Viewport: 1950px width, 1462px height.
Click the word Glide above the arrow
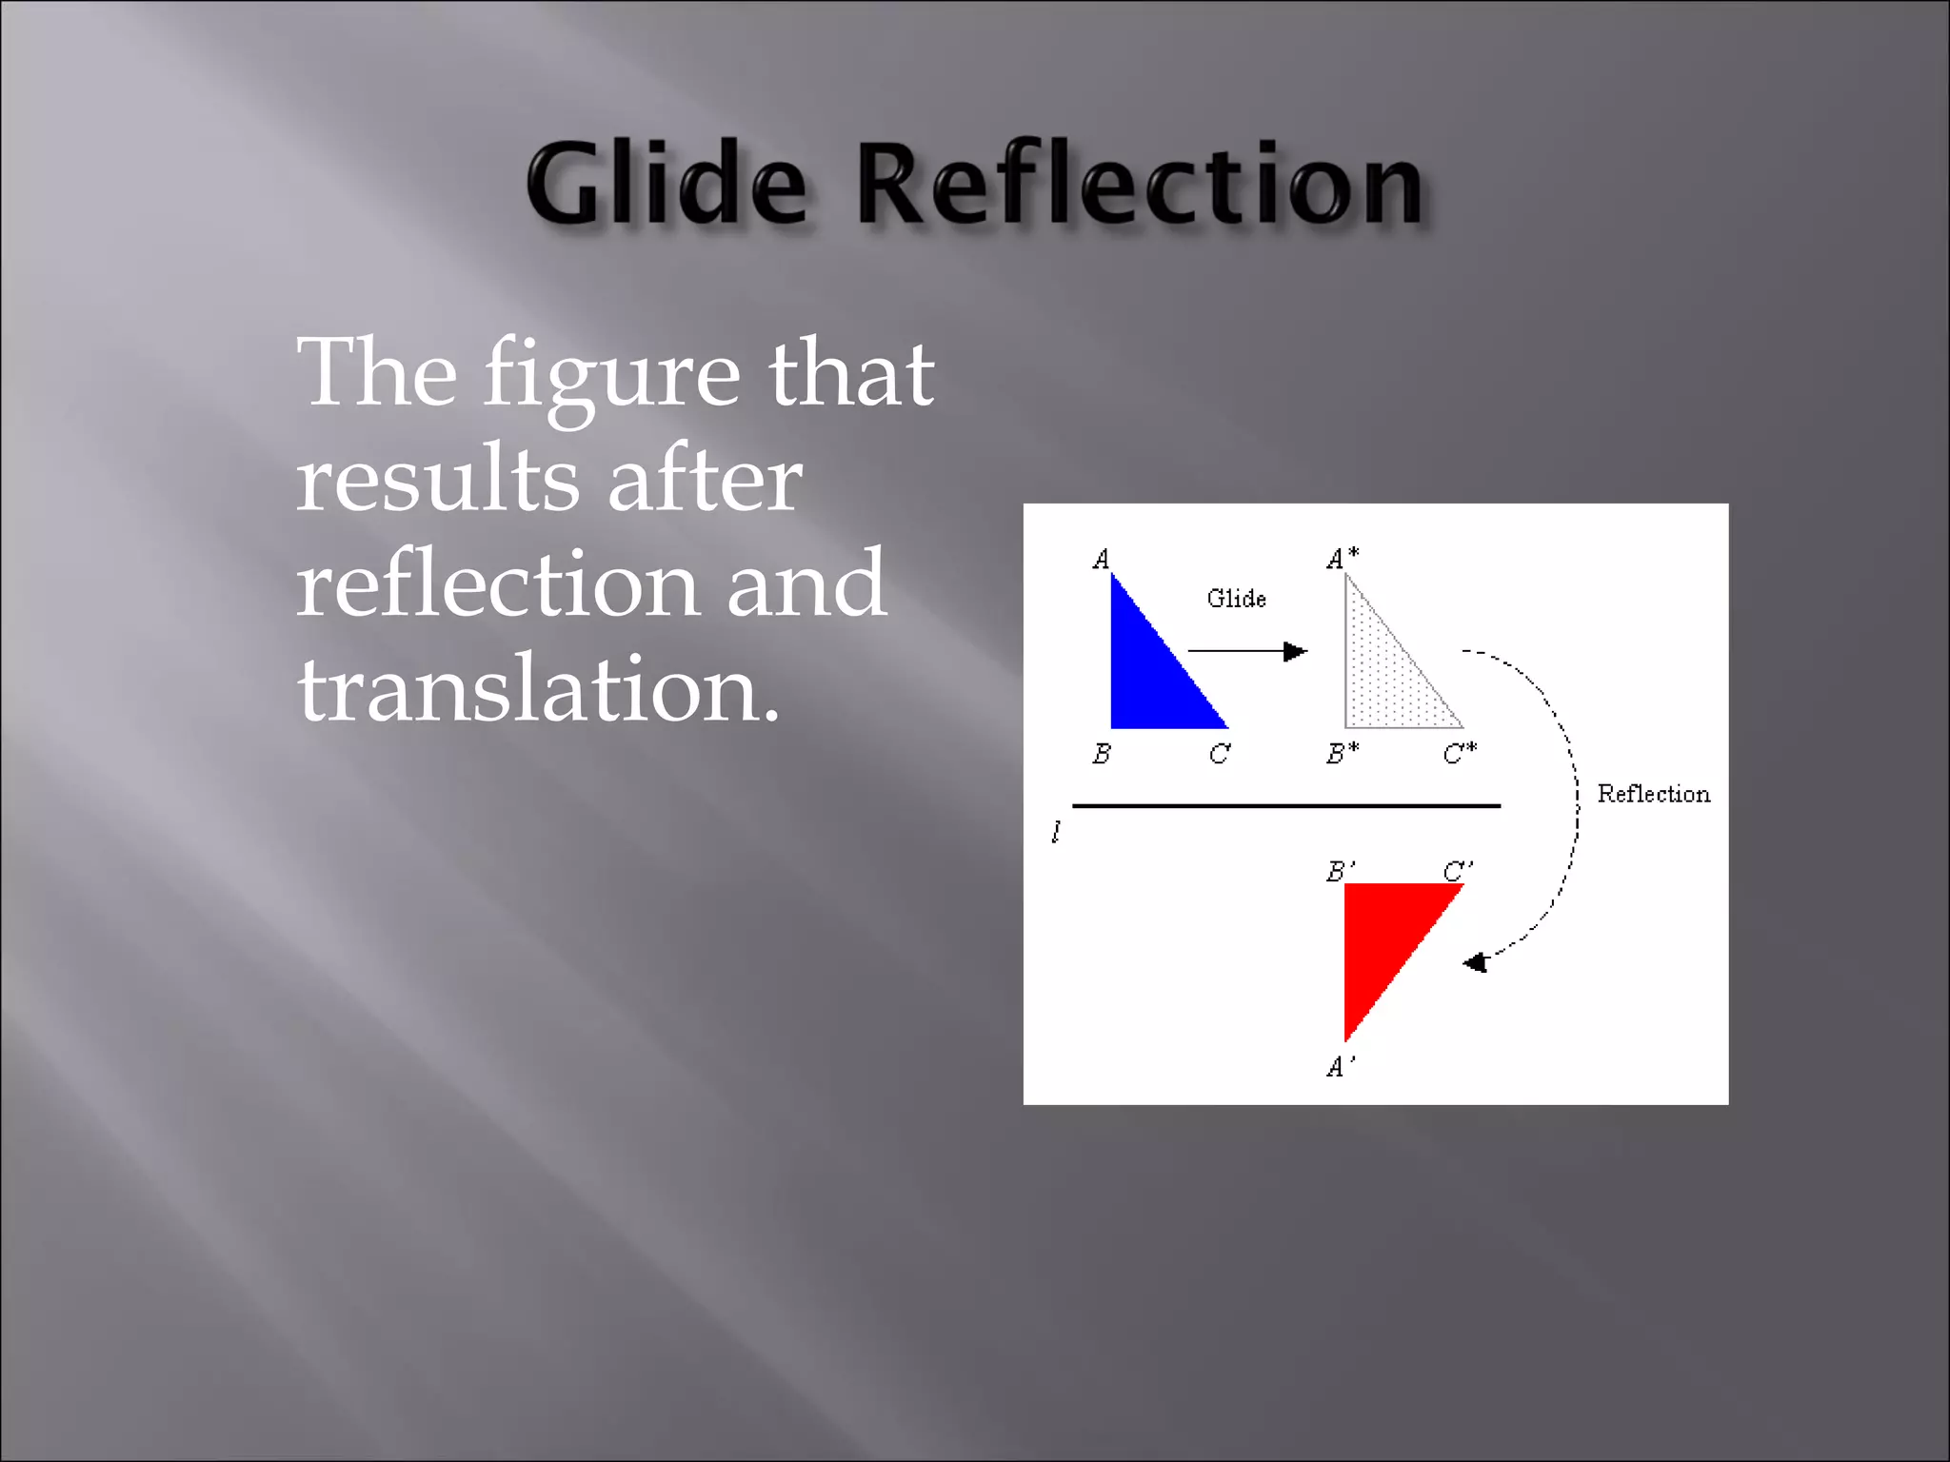point(1236,599)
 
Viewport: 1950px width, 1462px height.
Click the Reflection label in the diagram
point(1653,794)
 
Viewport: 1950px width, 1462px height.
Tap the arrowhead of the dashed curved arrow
point(1476,962)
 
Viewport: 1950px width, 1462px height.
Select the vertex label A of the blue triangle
point(1102,560)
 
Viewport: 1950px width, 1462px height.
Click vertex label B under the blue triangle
point(1102,754)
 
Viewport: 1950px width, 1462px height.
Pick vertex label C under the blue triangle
point(1219,754)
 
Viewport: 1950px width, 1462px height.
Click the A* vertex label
point(1343,559)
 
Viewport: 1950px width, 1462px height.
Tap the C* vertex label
point(1460,754)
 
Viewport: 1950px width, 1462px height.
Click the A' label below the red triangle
point(1341,1067)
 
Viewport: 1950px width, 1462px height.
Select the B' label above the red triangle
point(1341,871)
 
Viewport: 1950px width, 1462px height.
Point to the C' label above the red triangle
point(1458,871)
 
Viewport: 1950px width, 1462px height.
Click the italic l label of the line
point(1056,833)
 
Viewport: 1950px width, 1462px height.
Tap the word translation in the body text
point(538,689)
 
